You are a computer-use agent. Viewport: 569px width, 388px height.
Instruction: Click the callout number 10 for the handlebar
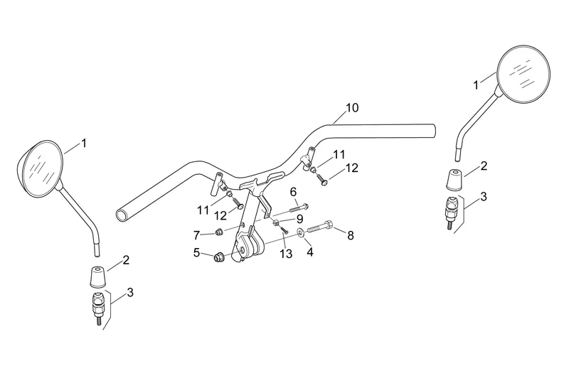(352, 108)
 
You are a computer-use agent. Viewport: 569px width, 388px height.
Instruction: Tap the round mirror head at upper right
(523, 73)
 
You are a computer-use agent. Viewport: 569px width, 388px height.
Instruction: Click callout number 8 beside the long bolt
(351, 235)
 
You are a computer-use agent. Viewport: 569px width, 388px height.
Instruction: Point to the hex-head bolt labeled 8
(320, 227)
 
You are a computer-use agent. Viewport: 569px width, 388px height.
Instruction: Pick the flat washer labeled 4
(300, 232)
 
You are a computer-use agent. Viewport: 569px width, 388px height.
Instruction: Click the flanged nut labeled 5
(219, 257)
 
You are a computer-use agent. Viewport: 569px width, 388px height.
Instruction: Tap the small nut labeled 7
(219, 232)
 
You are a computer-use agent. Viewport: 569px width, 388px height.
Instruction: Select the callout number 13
(286, 254)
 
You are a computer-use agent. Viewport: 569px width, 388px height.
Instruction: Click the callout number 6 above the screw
(293, 192)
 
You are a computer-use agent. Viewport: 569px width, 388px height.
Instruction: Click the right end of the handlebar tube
(433, 131)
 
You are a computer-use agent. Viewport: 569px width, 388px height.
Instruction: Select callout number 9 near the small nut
(299, 219)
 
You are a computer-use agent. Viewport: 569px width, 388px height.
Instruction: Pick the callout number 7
(197, 236)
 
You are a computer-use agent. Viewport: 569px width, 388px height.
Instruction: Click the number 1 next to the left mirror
(84, 144)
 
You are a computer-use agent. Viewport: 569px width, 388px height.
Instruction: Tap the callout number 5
(196, 253)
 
